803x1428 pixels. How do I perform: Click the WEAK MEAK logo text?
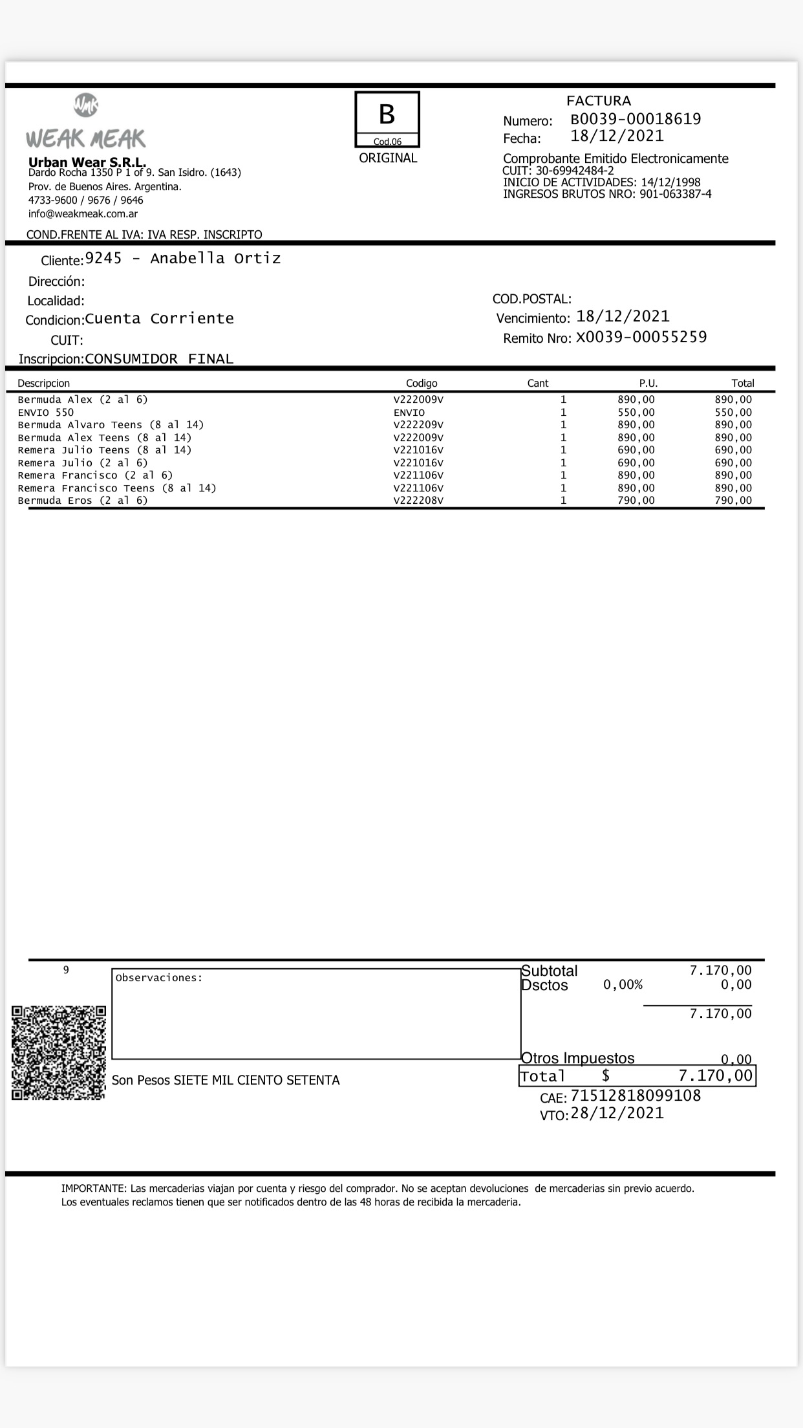86,138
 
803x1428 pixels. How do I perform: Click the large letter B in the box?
387,114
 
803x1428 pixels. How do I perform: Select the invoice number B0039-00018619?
636,119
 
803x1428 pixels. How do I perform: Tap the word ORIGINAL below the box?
388,158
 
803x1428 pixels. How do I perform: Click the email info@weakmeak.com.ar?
83,213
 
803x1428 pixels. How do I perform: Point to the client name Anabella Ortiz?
215,259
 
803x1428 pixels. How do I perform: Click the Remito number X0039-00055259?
641,337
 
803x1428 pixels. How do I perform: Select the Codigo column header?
422,383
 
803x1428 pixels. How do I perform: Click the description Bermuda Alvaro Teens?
111,425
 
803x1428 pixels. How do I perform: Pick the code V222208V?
418,501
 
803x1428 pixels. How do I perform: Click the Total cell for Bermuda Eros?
733,501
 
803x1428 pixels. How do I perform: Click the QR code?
59,1052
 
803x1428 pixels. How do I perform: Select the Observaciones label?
159,978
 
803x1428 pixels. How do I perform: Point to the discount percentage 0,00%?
623,985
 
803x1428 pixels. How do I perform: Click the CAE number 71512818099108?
636,1096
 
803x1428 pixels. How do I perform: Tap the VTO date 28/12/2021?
617,1113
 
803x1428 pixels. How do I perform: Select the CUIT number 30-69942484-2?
575,171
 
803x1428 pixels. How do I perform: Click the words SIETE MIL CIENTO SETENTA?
257,1080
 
